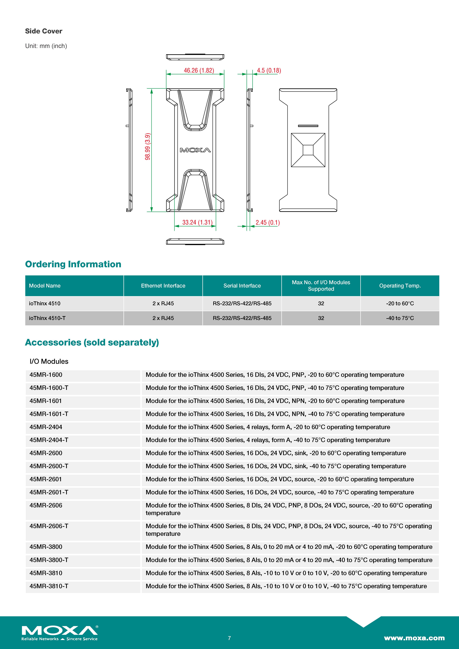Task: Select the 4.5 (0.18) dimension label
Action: (269, 70)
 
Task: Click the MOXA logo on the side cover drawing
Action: (195, 150)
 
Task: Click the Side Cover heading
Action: (44, 31)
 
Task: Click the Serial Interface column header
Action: (242, 286)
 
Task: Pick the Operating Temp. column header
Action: (400, 286)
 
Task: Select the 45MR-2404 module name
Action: (46, 427)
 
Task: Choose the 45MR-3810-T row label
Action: (49, 586)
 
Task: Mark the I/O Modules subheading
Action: (49, 362)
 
